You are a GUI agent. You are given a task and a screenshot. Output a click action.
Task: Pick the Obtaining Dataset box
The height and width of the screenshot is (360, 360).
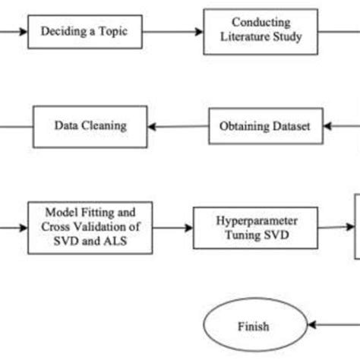pyautogui.click(x=265, y=125)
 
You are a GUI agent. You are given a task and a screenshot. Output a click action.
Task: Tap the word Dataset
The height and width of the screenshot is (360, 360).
pyautogui.click(x=290, y=125)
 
